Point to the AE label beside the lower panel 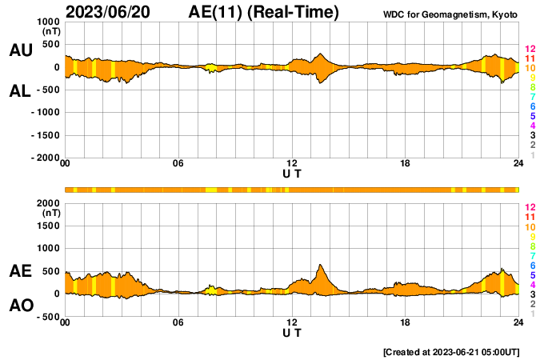[x=20, y=271]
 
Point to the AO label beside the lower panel [x=20, y=306]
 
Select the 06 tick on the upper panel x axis [x=178, y=164]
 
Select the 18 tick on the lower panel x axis [x=406, y=322]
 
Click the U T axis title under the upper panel [x=292, y=172]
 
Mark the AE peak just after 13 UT [x=320, y=265]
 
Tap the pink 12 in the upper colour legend [x=529, y=50]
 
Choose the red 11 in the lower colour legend [x=529, y=217]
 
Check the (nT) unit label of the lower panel [x=50, y=213]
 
